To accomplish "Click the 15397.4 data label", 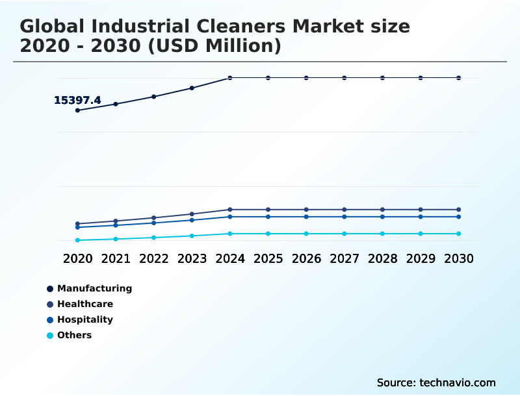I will pos(77,100).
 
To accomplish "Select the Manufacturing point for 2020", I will pos(77,110).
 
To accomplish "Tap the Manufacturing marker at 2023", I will pos(192,88).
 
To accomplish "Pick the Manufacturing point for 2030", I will pos(458,78).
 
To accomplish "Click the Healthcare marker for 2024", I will pos(230,210).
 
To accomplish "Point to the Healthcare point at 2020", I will pos(77,224).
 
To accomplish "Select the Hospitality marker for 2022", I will pos(154,223).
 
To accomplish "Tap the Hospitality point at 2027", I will pos(344,217).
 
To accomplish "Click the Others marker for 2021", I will pos(116,239).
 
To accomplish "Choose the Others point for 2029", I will pos(421,234).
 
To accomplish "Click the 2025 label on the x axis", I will pos(268,258).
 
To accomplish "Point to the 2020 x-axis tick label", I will pos(77,258).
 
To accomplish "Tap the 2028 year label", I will pos(382,258).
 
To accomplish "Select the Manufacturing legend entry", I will pos(94,288).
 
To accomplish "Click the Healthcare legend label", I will pos(85,304).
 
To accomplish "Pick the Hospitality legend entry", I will pos(85,319).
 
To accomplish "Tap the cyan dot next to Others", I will pos(50,336).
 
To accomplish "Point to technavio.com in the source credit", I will pos(458,382).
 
